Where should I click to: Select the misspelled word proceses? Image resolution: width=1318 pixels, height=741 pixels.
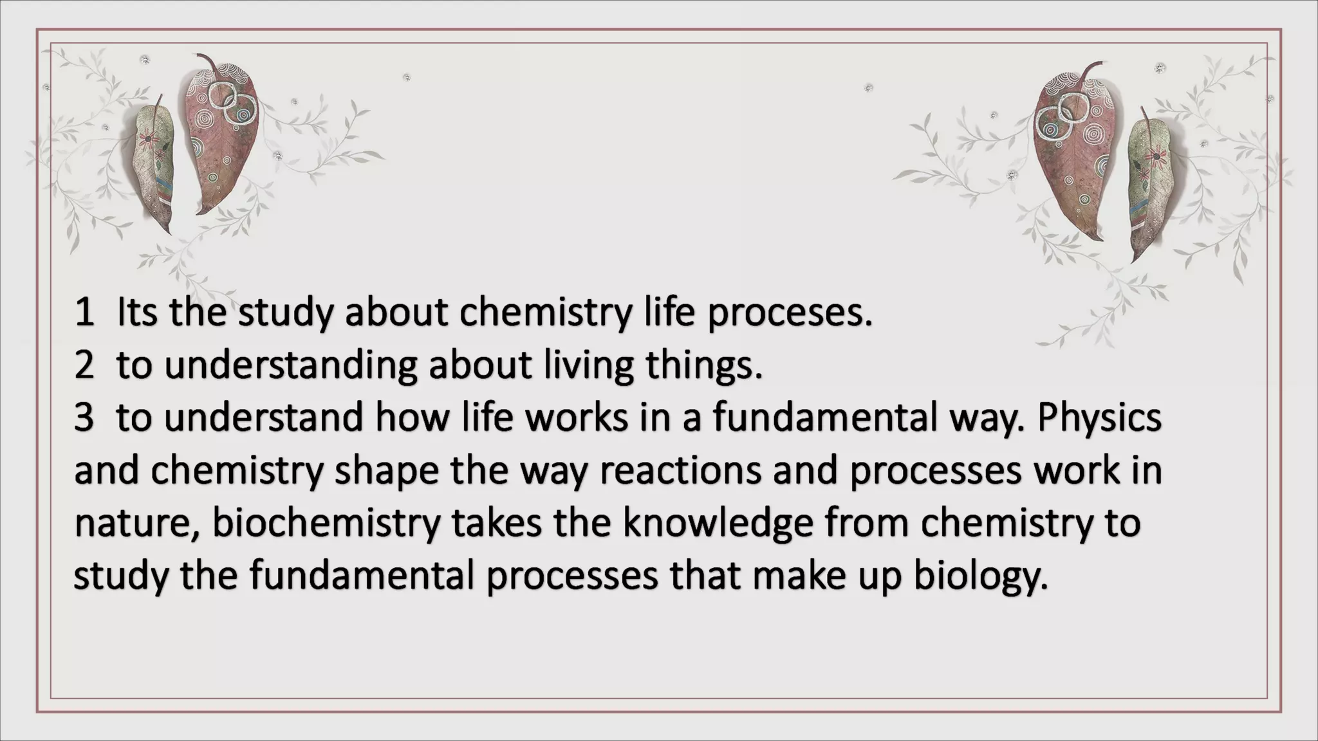click(x=790, y=314)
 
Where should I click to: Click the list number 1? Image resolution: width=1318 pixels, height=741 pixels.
click(x=84, y=313)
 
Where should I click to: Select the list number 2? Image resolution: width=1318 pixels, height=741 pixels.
click(x=84, y=366)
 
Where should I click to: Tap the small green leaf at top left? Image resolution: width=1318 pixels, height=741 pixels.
click(x=154, y=164)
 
